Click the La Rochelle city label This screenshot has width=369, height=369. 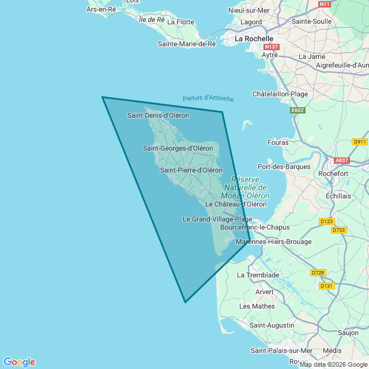pos(254,39)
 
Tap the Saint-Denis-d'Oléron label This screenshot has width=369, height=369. pos(158,115)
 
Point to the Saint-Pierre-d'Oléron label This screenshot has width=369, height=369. pos(191,170)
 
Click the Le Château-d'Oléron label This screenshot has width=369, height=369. pos(236,204)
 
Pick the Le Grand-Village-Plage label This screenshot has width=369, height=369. pos(217,219)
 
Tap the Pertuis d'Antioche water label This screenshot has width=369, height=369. pos(208,99)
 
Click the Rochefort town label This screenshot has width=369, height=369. pos(349,173)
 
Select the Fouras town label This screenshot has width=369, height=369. pos(278,142)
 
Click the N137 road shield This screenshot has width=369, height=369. pos(270,46)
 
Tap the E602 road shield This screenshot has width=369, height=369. pos(298,110)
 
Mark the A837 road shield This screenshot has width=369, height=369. pos(342,161)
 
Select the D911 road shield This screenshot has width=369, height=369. pos(360,141)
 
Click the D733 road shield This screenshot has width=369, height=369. pos(338,230)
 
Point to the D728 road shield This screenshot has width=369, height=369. pos(318,272)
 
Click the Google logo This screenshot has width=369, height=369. pos(19,362)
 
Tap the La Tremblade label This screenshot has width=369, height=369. pos(258,275)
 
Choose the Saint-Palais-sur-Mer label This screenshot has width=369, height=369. pos(281,351)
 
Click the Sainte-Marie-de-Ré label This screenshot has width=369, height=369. pos(187,44)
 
